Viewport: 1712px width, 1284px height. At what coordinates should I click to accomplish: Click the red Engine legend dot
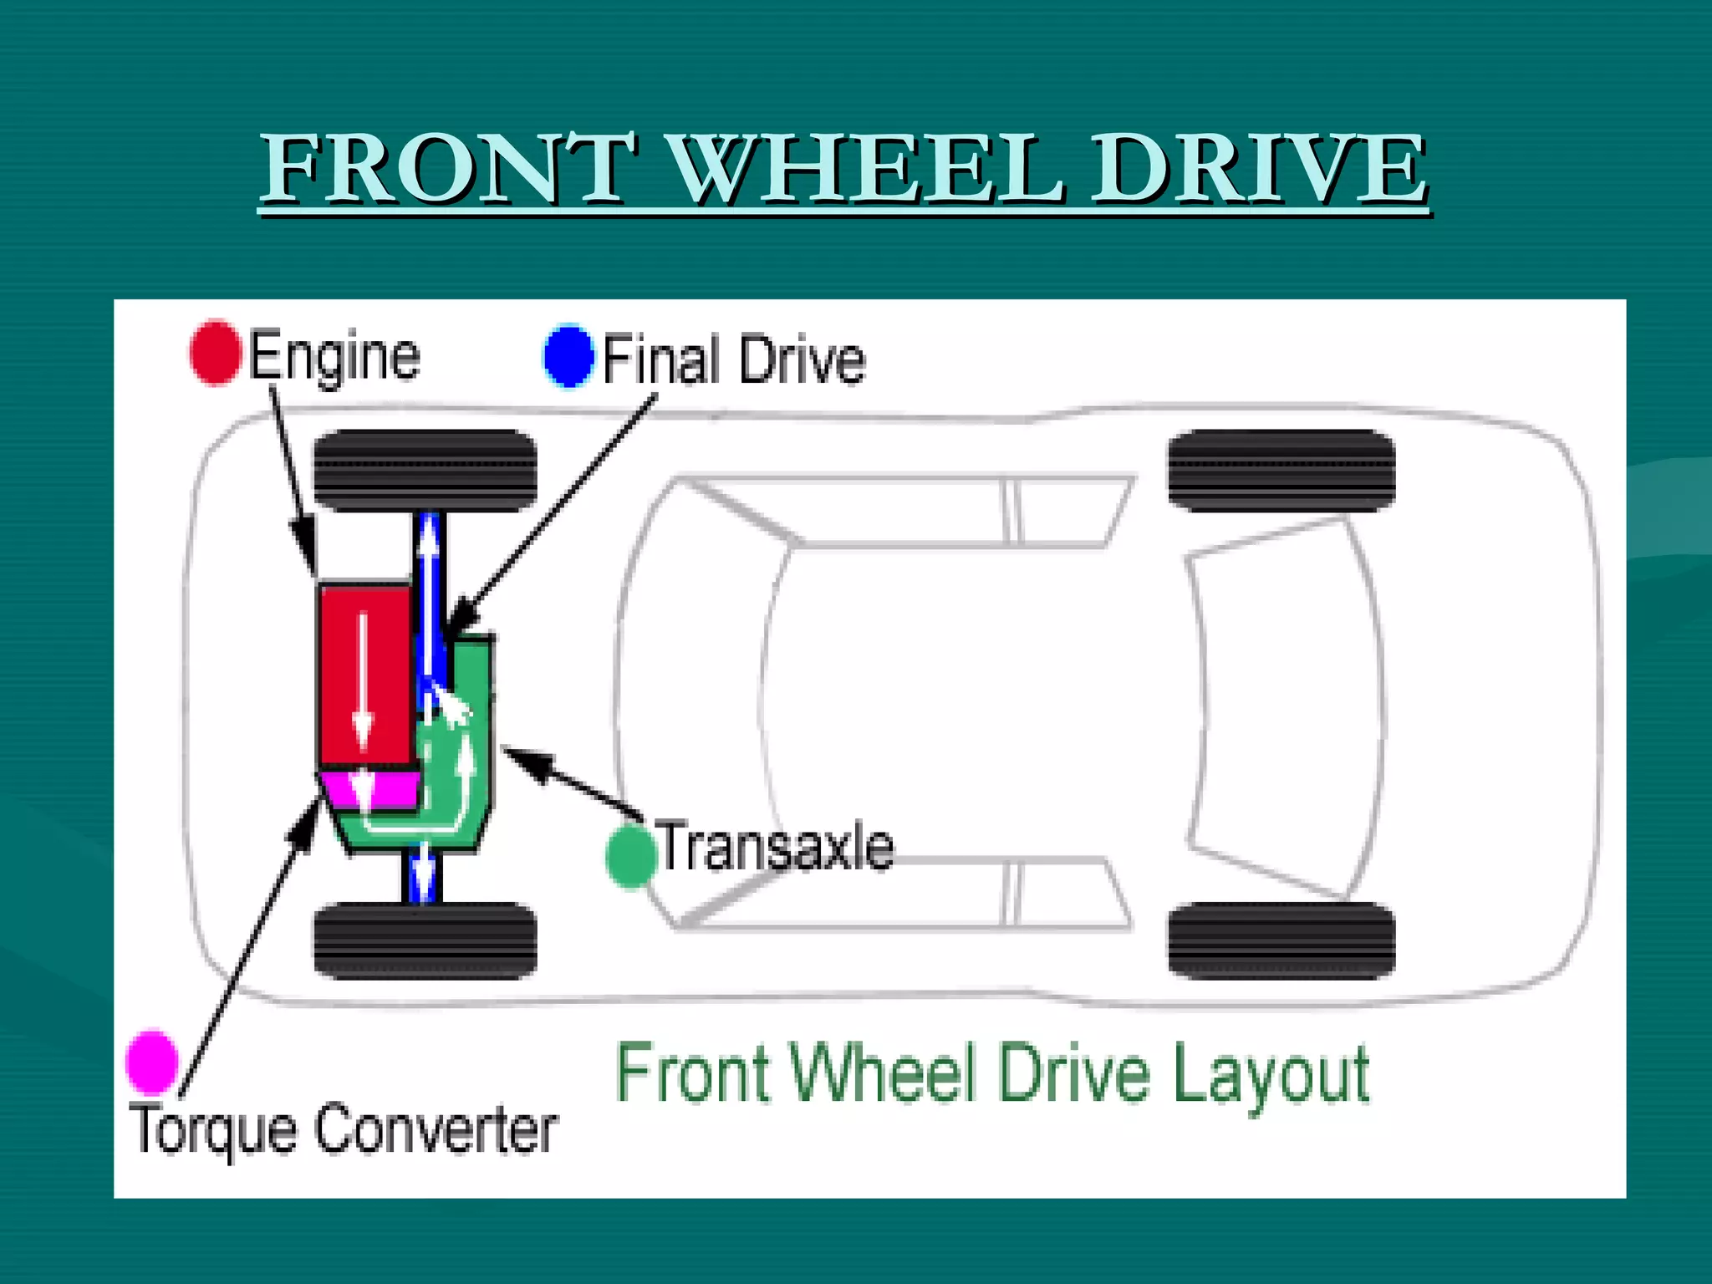pyautogui.click(x=215, y=352)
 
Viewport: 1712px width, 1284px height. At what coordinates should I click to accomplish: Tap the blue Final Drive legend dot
pyautogui.click(x=568, y=355)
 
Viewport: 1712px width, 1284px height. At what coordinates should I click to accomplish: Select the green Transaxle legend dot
pyautogui.click(x=630, y=855)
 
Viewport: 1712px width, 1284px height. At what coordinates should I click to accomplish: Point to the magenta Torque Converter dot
pyautogui.click(x=151, y=1062)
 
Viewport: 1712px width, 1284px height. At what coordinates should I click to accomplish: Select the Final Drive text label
pyautogui.click(x=733, y=360)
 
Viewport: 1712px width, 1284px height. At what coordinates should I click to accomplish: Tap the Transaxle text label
pyautogui.click(x=776, y=848)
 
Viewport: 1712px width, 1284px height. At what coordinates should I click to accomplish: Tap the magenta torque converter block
pyautogui.click(x=372, y=789)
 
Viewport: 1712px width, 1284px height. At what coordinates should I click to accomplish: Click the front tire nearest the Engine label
pyautogui.click(x=425, y=470)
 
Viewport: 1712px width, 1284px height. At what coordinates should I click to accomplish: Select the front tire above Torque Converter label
pyautogui.click(x=425, y=940)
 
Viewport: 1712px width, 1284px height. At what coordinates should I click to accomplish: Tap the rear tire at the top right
pyautogui.click(x=1281, y=470)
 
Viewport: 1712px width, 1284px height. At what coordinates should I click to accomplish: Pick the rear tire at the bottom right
pyautogui.click(x=1281, y=940)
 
